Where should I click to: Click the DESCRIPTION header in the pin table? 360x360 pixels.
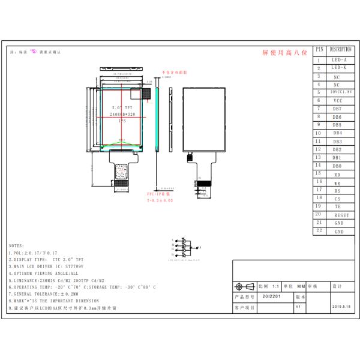(340, 50)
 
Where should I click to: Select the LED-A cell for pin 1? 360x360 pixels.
(340, 60)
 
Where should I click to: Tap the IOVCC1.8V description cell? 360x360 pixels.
(340, 92)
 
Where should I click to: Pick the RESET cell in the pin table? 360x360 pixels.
(340, 215)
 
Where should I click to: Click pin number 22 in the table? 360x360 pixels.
(319, 231)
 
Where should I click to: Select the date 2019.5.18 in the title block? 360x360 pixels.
(341, 307)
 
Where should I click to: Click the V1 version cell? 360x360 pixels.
(298, 307)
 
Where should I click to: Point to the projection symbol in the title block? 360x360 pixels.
(241, 286)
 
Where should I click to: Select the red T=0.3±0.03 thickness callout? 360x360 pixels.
(160, 200)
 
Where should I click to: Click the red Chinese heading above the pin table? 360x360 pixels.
(284, 53)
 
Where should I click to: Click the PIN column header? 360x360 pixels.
(319, 50)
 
